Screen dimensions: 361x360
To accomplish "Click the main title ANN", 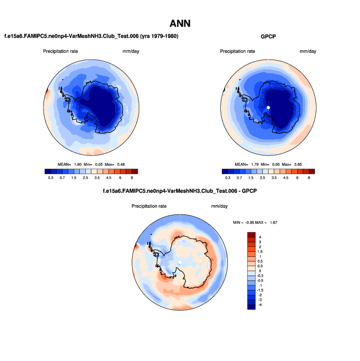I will click(x=180, y=24).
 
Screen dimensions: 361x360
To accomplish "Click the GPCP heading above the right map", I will click(x=268, y=36).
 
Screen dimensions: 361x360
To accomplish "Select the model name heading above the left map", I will click(x=91, y=36).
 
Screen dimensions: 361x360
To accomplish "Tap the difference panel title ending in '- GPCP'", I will click(x=180, y=191).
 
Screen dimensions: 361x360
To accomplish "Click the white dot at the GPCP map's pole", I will click(x=268, y=107).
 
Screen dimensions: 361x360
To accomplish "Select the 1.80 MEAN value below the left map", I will click(x=79, y=164).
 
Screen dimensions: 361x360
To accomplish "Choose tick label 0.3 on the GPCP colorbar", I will click(x=227, y=178).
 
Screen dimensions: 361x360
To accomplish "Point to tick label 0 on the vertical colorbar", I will click(x=259, y=271).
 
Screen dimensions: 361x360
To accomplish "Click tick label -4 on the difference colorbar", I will click(x=260, y=304).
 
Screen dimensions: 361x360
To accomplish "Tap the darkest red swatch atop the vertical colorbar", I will click(x=251, y=234).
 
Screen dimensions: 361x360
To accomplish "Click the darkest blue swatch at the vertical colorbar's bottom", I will click(x=251, y=306).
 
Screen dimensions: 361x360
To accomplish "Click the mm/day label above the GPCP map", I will click(x=308, y=51).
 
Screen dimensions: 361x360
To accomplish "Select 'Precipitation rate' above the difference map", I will click(x=149, y=206).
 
